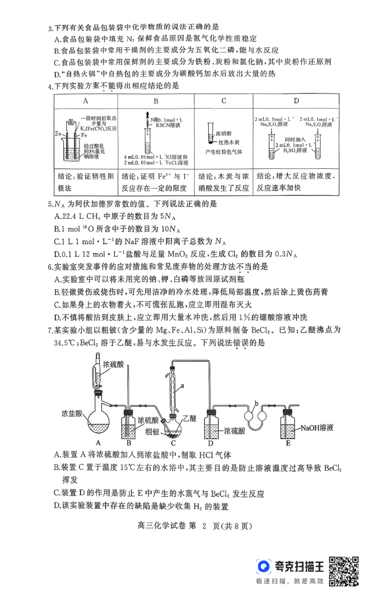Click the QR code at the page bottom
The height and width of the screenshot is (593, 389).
click(345, 571)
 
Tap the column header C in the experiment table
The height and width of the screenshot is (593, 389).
click(224, 101)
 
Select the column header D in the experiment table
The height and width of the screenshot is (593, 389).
click(296, 101)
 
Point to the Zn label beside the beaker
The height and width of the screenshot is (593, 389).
click(58, 133)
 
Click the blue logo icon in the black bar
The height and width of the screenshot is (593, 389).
click(265, 570)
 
